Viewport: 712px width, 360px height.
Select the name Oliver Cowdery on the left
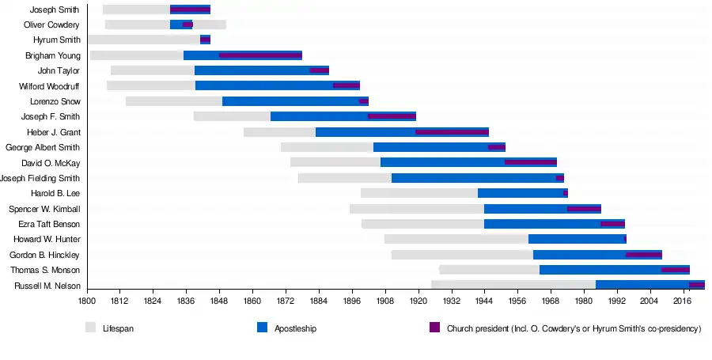tap(51, 25)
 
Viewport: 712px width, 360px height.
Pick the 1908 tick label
tap(385, 301)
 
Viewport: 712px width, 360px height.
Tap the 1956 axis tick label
tap(517, 301)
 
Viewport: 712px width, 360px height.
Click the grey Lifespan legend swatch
tap(90, 328)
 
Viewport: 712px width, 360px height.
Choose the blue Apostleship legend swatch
tap(263, 328)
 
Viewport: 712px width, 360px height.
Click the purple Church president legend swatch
tap(434, 328)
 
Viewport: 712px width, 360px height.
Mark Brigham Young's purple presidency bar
tap(260, 55)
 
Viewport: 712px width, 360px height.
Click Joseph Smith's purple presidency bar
tap(190, 9)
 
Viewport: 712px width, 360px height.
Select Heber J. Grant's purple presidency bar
tap(452, 132)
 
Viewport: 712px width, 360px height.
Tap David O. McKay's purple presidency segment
tap(531, 162)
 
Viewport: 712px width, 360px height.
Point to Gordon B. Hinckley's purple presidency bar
tap(643, 255)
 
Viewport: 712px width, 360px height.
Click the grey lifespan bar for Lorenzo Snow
tap(173, 101)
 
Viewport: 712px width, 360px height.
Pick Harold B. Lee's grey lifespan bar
tap(418, 193)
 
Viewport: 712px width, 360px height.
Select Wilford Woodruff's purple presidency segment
tap(346, 85)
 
